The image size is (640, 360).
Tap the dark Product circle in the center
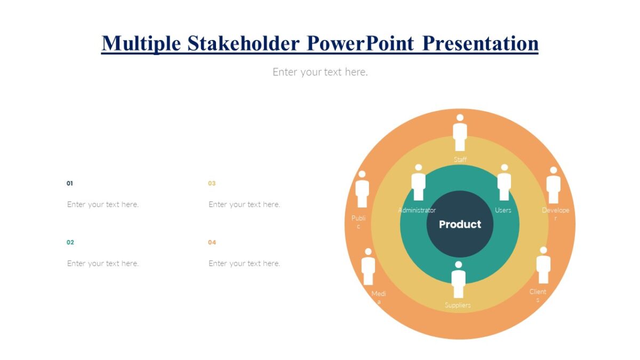pos(460,224)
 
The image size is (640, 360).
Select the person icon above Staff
pos(460,133)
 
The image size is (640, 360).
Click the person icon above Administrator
pos(418,182)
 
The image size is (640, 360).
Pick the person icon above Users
pos(503,182)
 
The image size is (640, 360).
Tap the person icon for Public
pos(362,189)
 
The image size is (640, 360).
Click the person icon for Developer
pos(553,185)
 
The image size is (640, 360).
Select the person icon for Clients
pos(543,265)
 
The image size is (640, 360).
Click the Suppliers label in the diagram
pos(458,305)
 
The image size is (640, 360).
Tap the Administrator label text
pos(417,210)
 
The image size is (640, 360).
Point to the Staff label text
pos(460,159)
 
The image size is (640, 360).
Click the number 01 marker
pos(70,183)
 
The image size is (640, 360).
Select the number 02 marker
pos(70,243)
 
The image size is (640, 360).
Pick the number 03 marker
pos(212,183)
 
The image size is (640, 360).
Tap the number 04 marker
pos(212,243)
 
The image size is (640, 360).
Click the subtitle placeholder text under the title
pos(320,71)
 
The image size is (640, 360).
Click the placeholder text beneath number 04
pos(244,263)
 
